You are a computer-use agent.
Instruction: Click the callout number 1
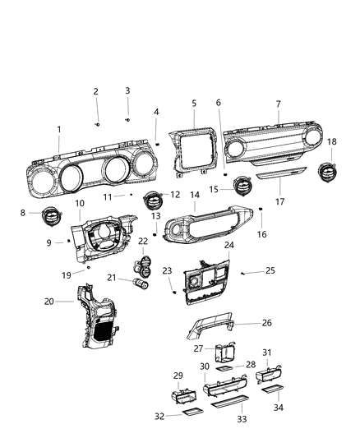pyautogui.click(x=58, y=129)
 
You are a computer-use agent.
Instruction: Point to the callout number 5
pyautogui.click(x=194, y=104)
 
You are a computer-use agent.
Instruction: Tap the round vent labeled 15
pyautogui.click(x=245, y=187)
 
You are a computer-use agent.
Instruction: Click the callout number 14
pyautogui.click(x=195, y=196)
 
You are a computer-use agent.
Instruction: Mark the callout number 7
pyautogui.click(x=278, y=104)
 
